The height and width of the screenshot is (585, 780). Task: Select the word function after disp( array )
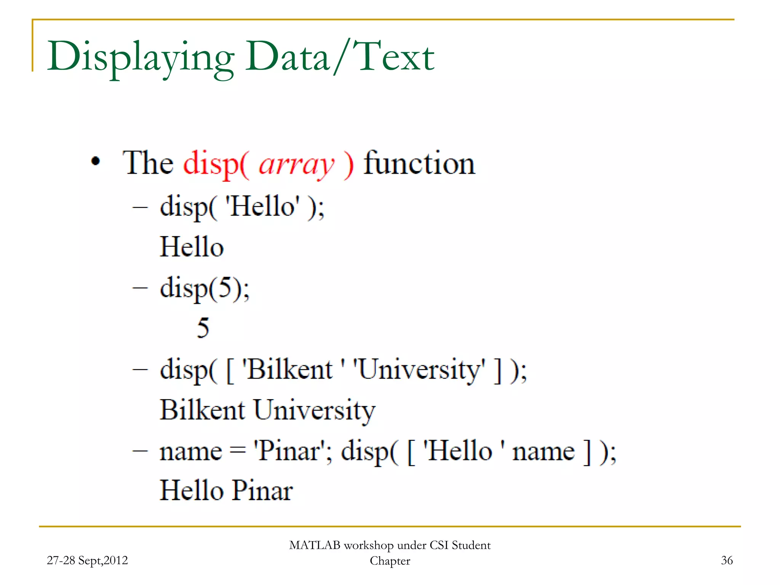(x=419, y=163)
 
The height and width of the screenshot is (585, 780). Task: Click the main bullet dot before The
(x=96, y=161)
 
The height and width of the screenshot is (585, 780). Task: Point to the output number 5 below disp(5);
(x=203, y=328)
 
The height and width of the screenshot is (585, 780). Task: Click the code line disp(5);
(x=205, y=288)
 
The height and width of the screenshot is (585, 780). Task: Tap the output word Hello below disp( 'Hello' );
(x=192, y=247)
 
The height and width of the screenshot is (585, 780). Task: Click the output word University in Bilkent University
(x=314, y=411)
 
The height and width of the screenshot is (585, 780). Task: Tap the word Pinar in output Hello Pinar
(x=262, y=491)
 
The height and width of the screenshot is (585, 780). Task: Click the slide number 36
(x=727, y=560)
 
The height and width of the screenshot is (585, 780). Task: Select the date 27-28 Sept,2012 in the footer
(x=87, y=560)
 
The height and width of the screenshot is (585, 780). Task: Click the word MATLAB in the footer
(x=315, y=545)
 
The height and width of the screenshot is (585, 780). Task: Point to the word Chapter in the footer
(x=390, y=561)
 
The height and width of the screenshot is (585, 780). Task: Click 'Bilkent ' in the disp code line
(x=289, y=369)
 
